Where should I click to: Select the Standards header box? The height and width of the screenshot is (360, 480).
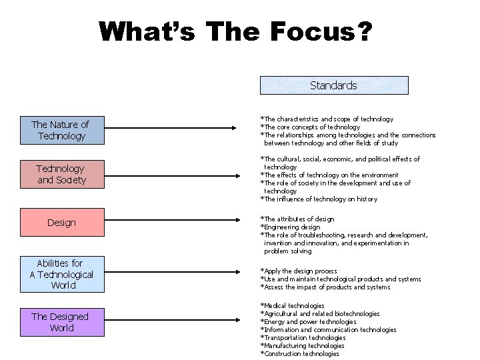tap(333, 85)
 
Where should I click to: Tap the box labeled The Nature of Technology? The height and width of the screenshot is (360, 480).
tap(59, 130)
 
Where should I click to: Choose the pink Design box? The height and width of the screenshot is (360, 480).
tap(61, 223)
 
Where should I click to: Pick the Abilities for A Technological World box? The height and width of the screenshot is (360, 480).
tap(61, 274)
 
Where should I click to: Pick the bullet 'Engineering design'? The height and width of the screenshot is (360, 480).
tap(291, 227)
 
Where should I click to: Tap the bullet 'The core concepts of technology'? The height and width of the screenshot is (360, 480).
tap(309, 127)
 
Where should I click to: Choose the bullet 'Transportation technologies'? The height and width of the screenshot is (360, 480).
tap(303, 337)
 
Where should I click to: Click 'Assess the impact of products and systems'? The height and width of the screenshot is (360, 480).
tap(325, 287)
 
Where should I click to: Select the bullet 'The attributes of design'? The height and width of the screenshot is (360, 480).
tap(297, 219)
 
